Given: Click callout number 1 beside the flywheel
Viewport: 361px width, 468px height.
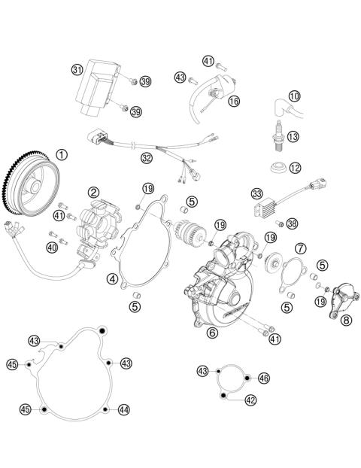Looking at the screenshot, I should [x=62, y=157].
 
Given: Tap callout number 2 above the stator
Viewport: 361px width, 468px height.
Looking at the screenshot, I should [x=93, y=193].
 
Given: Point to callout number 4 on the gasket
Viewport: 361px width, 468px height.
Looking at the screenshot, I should [x=112, y=279].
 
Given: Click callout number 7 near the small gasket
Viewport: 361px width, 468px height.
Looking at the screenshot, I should [x=299, y=248].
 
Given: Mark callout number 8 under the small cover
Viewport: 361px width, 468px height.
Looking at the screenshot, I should [x=346, y=320].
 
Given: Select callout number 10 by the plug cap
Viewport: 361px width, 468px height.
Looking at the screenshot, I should [x=294, y=96].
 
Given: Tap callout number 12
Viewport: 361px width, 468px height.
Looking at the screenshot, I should [x=296, y=167].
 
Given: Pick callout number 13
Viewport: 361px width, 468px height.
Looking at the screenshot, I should [x=294, y=136].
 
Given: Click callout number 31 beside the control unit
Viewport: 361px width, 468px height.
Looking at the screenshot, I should [x=77, y=70].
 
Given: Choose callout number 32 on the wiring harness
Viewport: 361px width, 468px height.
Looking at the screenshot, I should [x=147, y=158].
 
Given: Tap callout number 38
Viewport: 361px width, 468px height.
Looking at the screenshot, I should [x=292, y=223].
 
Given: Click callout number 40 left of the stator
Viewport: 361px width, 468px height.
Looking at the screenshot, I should [x=52, y=247].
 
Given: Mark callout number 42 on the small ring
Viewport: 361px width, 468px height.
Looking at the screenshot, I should [x=250, y=400].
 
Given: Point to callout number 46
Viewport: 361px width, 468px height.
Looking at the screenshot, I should [x=263, y=378].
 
